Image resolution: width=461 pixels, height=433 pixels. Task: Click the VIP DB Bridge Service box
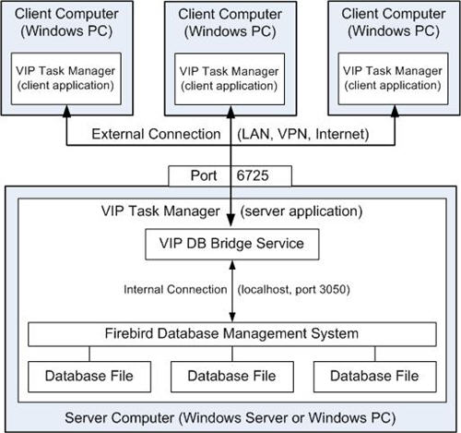click(232, 245)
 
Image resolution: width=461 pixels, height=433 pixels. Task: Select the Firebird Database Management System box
click(232, 334)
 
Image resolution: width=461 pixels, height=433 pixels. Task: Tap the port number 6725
click(253, 175)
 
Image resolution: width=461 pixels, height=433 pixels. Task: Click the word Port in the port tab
click(204, 175)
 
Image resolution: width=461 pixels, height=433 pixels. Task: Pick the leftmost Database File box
click(89, 377)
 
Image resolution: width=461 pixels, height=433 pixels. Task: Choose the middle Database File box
click(232, 377)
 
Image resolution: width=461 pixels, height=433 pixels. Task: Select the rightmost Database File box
click(375, 377)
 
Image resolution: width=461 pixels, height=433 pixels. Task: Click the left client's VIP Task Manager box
click(66, 78)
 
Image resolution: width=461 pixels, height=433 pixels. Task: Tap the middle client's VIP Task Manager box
click(230, 79)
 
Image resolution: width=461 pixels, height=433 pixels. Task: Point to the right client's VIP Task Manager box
click(393, 78)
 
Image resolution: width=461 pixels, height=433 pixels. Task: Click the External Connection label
click(156, 134)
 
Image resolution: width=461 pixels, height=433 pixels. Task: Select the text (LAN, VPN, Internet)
click(303, 134)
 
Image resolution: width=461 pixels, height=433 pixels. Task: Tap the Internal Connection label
click(175, 290)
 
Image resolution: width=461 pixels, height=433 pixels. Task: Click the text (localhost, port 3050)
click(294, 290)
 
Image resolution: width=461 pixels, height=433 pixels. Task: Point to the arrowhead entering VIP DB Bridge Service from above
click(230, 222)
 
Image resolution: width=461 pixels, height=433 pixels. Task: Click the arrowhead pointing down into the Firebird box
click(232, 317)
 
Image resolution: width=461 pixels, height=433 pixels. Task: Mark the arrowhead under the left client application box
click(66, 111)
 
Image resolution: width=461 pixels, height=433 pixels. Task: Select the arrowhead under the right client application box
click(395, 111)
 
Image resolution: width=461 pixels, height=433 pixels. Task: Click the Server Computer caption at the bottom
click(230, 418)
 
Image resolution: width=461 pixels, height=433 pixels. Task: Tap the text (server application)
click(301, 211)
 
